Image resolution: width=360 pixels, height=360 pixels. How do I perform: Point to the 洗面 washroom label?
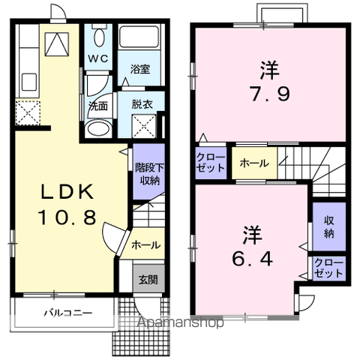(x=98, y=105)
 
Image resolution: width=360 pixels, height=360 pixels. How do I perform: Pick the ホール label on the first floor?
(x=145, y=244)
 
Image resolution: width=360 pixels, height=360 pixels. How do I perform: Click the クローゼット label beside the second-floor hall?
(x=211, y=163)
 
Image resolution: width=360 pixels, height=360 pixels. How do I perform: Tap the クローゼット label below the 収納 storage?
(x=328, y=268)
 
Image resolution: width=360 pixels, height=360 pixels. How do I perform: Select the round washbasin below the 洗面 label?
(x=97, y=127)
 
